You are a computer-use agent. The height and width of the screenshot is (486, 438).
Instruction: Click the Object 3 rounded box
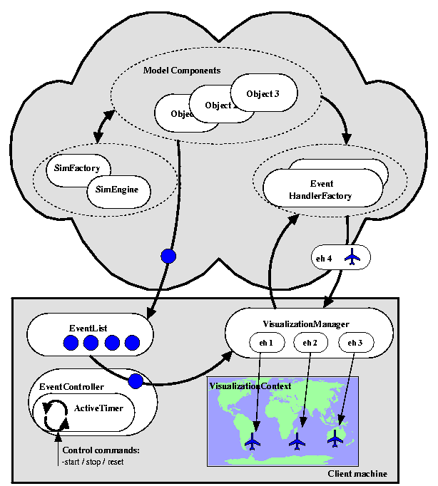(x=263, y=93)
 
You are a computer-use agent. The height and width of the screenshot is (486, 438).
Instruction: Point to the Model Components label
(x=182, y=71)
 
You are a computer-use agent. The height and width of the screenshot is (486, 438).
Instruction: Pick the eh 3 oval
(x=355, y=343)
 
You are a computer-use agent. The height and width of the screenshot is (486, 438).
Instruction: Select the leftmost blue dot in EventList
(x=70, y=344)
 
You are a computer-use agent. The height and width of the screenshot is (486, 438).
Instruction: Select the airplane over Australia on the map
(x=335, y=440)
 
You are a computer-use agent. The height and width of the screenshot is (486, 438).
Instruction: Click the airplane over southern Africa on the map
(x=253, y=443)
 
